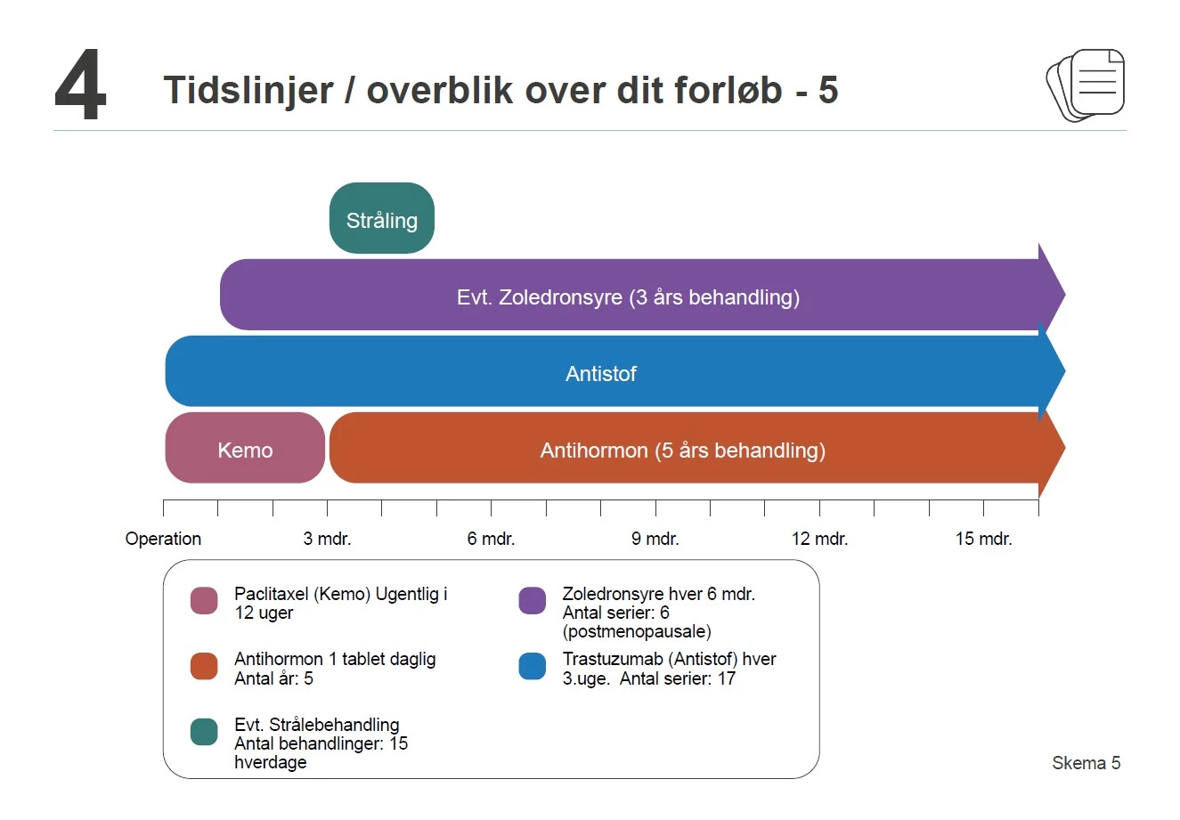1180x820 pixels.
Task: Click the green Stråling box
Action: click(x=381, y=219)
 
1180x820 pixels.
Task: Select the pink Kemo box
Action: click(x=245, y=449)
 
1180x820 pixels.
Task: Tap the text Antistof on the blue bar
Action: click(x=600, y=374)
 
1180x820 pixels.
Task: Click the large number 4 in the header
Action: click(x=80, y=86)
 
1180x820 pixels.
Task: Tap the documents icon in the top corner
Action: click(x=1086, y=85)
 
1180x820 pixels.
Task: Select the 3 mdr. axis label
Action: click(x=327, y=539)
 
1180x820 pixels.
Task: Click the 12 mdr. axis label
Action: click(x=819, y=539)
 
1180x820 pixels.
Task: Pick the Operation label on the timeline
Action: click(x=163, y=539)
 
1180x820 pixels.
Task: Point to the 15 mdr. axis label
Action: click(x=983, y=539)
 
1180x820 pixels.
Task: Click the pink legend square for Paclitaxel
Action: click(x=204, y=601)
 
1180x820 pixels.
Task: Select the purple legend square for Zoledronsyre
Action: click(x=532, y=601)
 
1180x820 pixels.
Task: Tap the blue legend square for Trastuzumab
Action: click(x=532, y=667)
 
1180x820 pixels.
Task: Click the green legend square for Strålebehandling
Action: click(x=204, y=732)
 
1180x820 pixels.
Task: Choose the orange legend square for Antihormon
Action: click(x=204, y=667)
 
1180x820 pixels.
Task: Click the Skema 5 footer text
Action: click(x=1086, y=763)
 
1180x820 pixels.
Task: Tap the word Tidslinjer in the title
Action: click(x=248, y=90)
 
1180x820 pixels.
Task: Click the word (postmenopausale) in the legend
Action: click(x=637, y=632)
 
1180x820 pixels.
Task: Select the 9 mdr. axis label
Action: click(x=655, y=539)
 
